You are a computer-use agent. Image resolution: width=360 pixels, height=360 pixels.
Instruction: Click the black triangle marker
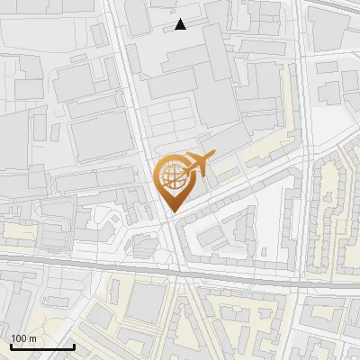pos(181,24)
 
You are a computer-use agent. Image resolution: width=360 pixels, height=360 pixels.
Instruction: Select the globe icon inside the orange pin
pos(172,175)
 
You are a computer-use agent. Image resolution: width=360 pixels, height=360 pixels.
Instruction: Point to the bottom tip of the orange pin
pos(172,212)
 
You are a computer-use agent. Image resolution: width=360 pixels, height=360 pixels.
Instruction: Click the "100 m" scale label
pos(23,338)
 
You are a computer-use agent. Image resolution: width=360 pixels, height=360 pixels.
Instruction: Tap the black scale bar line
pos(42,346)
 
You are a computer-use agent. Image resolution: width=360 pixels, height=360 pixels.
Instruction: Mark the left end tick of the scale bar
pos(11,345)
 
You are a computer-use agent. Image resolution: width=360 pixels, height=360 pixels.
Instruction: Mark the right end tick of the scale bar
pos(74,345)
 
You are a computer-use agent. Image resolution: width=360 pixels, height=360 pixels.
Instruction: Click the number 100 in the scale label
pos(19,338)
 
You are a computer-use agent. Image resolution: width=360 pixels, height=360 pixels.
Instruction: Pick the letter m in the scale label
pos(32,338)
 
